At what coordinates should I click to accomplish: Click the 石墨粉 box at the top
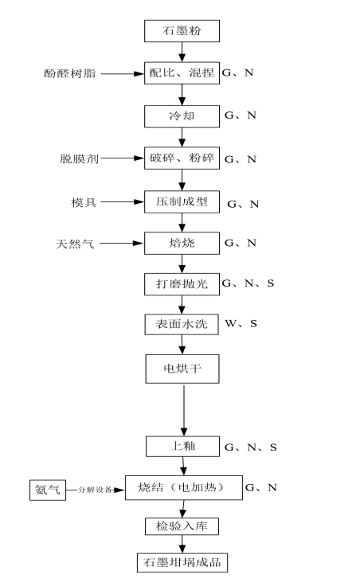(x=182, y=31)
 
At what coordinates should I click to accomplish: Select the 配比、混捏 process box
(x=182, y=73)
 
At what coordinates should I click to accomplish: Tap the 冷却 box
(x=182, y=116)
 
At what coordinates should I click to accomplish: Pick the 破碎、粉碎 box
(x=182, y=158)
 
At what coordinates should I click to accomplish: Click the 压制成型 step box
(x=182, y=201)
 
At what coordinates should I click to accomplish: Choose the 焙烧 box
(x=182, y=243)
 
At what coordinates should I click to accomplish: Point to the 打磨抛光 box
(x=182, y=284)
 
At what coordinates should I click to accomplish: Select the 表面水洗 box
(x=182, y=324)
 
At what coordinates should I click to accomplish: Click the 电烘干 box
(x=182, y=369)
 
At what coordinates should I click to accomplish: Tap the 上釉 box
(x=182, y=447)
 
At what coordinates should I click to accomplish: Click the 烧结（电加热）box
(x=184, y=488)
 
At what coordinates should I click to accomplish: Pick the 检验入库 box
(x=182, y=526)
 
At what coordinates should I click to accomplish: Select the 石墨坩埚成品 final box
(x=182, y=563)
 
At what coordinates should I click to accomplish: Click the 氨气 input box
(x=48, y=490)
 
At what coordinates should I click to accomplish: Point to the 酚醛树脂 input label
(x=70, y=73)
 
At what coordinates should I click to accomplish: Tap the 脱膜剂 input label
(x=80, y=159)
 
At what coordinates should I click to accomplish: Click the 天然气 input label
(x=75, y=244)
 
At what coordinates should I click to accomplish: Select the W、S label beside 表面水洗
(x=241, y=324)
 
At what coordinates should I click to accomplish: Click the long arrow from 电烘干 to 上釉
(x=184, y=410)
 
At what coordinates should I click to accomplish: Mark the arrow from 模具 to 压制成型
(x=123, y=201)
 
